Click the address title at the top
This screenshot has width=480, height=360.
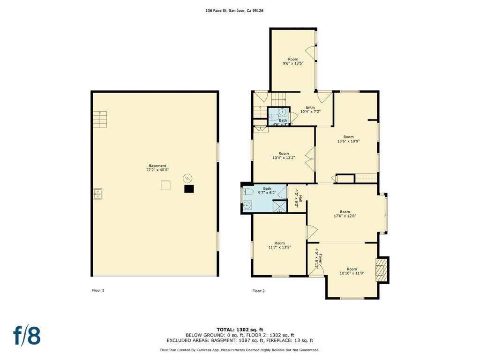(234, 10)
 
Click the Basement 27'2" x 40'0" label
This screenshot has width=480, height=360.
(157, 168)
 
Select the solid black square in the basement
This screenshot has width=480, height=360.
(189, 189)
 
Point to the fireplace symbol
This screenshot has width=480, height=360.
(382, 270)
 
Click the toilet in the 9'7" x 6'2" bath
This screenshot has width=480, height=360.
(248, 192)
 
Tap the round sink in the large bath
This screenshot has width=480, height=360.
(247, 205)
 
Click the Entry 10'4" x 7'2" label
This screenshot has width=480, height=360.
(310, 110)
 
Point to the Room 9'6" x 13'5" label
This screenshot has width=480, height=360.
(293, 61)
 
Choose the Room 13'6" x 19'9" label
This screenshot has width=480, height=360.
(348, 139)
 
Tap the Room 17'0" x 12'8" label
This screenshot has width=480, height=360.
(345, 214)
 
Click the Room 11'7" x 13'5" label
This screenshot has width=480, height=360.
(279, 245)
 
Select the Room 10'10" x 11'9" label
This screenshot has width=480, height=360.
(352, 271)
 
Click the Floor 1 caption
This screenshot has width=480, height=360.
(98, 290)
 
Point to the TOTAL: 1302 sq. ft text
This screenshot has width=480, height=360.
(240, 330)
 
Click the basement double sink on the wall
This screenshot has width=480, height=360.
(98, 194)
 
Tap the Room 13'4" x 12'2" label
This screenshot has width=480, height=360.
(284, 156)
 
